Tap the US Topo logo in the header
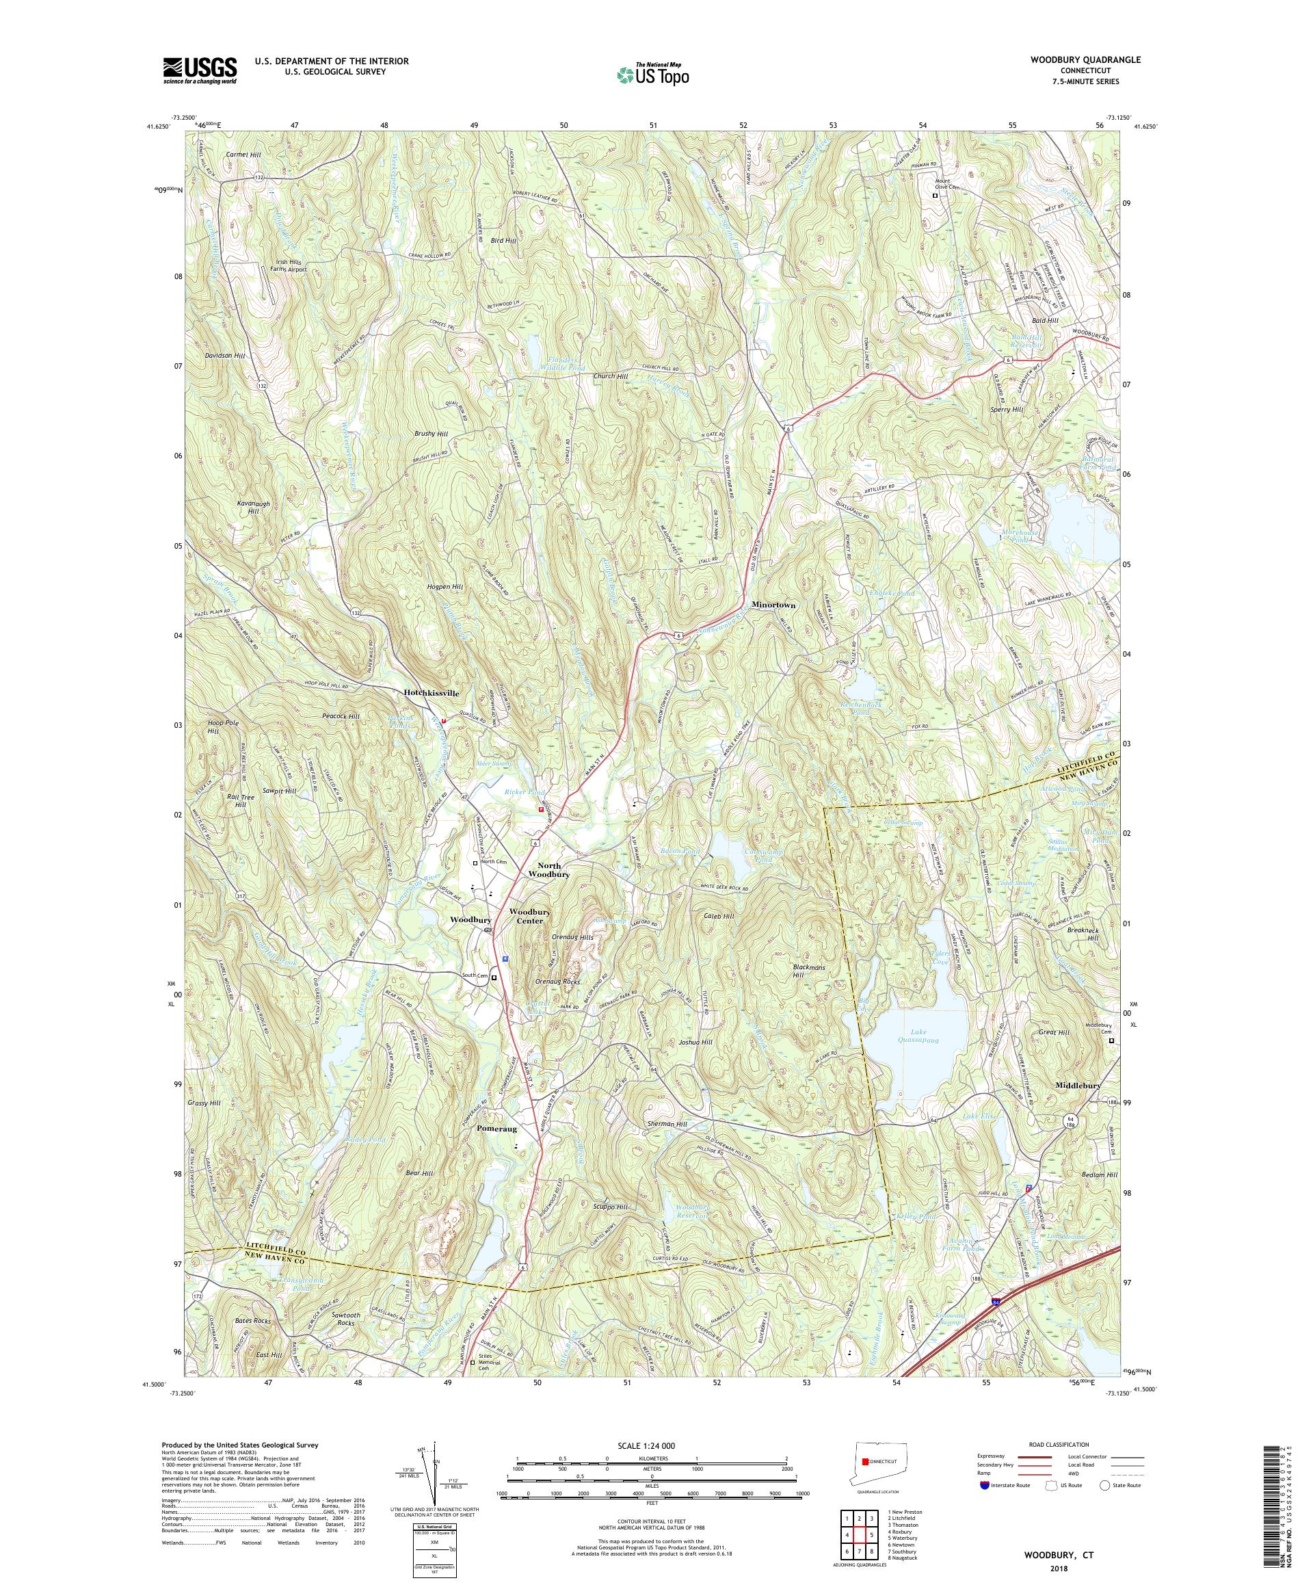[654, 73]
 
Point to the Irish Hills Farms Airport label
[290, 265]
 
